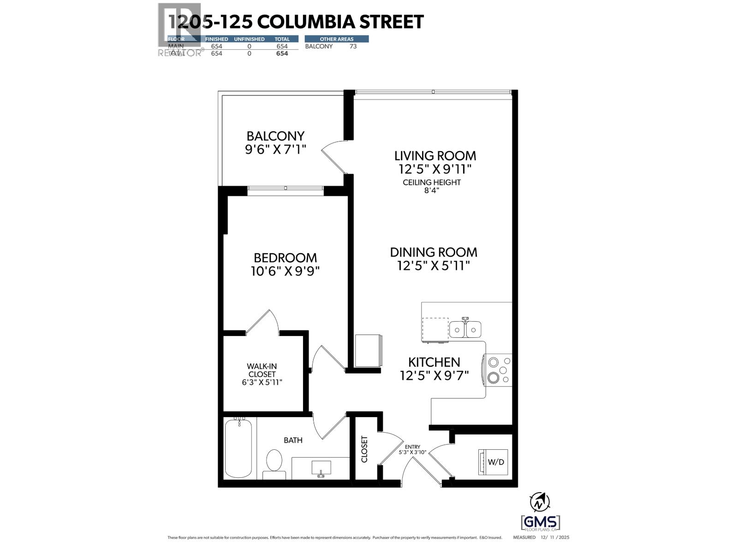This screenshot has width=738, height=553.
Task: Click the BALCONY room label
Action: [x=275, y=136]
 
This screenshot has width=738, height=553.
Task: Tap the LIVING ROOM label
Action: [x=435, y=156]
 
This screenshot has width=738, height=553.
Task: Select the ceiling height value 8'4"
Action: [x=432, y=191]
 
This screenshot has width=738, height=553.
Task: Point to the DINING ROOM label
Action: [x=434, y=253]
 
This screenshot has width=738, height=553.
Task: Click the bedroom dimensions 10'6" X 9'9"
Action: [x=285, y=271]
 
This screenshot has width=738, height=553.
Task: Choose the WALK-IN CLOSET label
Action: [x=262, y=370]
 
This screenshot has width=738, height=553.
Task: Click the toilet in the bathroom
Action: [x=274, y=463]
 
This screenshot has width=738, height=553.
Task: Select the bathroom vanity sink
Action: [x=321, y=468]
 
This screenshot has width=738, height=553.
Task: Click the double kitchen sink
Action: [x=465, y=329]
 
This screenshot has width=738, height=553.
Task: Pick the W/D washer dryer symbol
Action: [x=493, y=462]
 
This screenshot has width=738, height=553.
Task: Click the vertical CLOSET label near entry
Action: [x=364, y=449]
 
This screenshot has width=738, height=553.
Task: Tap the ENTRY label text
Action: [x=412, y=447]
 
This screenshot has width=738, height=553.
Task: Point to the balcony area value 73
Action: [x=353, y=47]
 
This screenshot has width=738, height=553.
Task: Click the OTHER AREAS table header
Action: [x=336, y=39]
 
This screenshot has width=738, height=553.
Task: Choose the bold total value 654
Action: [x=282, y=53]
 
